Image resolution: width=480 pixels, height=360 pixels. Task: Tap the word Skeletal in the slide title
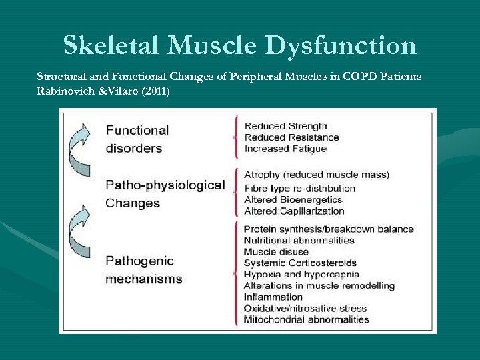111,45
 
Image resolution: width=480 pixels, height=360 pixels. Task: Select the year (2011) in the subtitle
155,91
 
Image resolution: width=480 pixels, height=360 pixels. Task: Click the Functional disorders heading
137,139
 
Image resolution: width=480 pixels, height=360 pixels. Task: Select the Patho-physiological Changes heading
165,193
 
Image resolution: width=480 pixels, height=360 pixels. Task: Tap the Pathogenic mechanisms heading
143,269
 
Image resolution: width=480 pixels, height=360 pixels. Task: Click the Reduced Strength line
286,126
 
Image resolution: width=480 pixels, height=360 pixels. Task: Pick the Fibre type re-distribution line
300,188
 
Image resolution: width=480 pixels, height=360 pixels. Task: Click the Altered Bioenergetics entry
293,199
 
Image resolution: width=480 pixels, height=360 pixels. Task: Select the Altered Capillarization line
294,211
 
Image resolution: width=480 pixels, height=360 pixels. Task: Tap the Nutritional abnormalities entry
299,240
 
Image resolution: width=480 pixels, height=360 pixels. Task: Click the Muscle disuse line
276,251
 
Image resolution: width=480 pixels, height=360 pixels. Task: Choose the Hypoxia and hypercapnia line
302,274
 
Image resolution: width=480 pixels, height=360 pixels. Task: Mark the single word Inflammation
273,297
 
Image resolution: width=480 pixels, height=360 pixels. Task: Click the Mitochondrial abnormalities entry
306,319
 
